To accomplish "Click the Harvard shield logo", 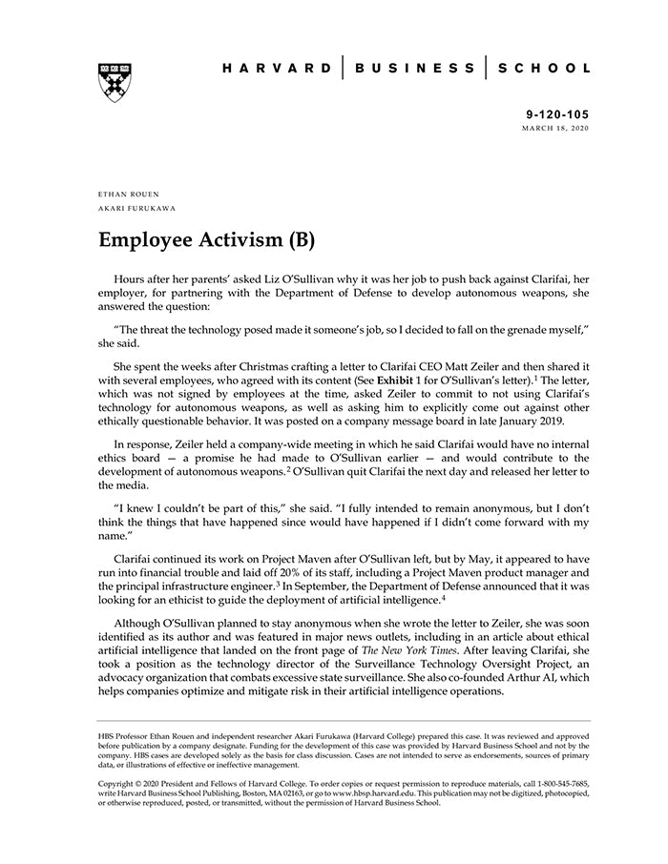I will click(115, 82).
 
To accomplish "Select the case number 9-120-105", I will click(557, 113).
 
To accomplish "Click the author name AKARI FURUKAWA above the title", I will click(136, 207).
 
